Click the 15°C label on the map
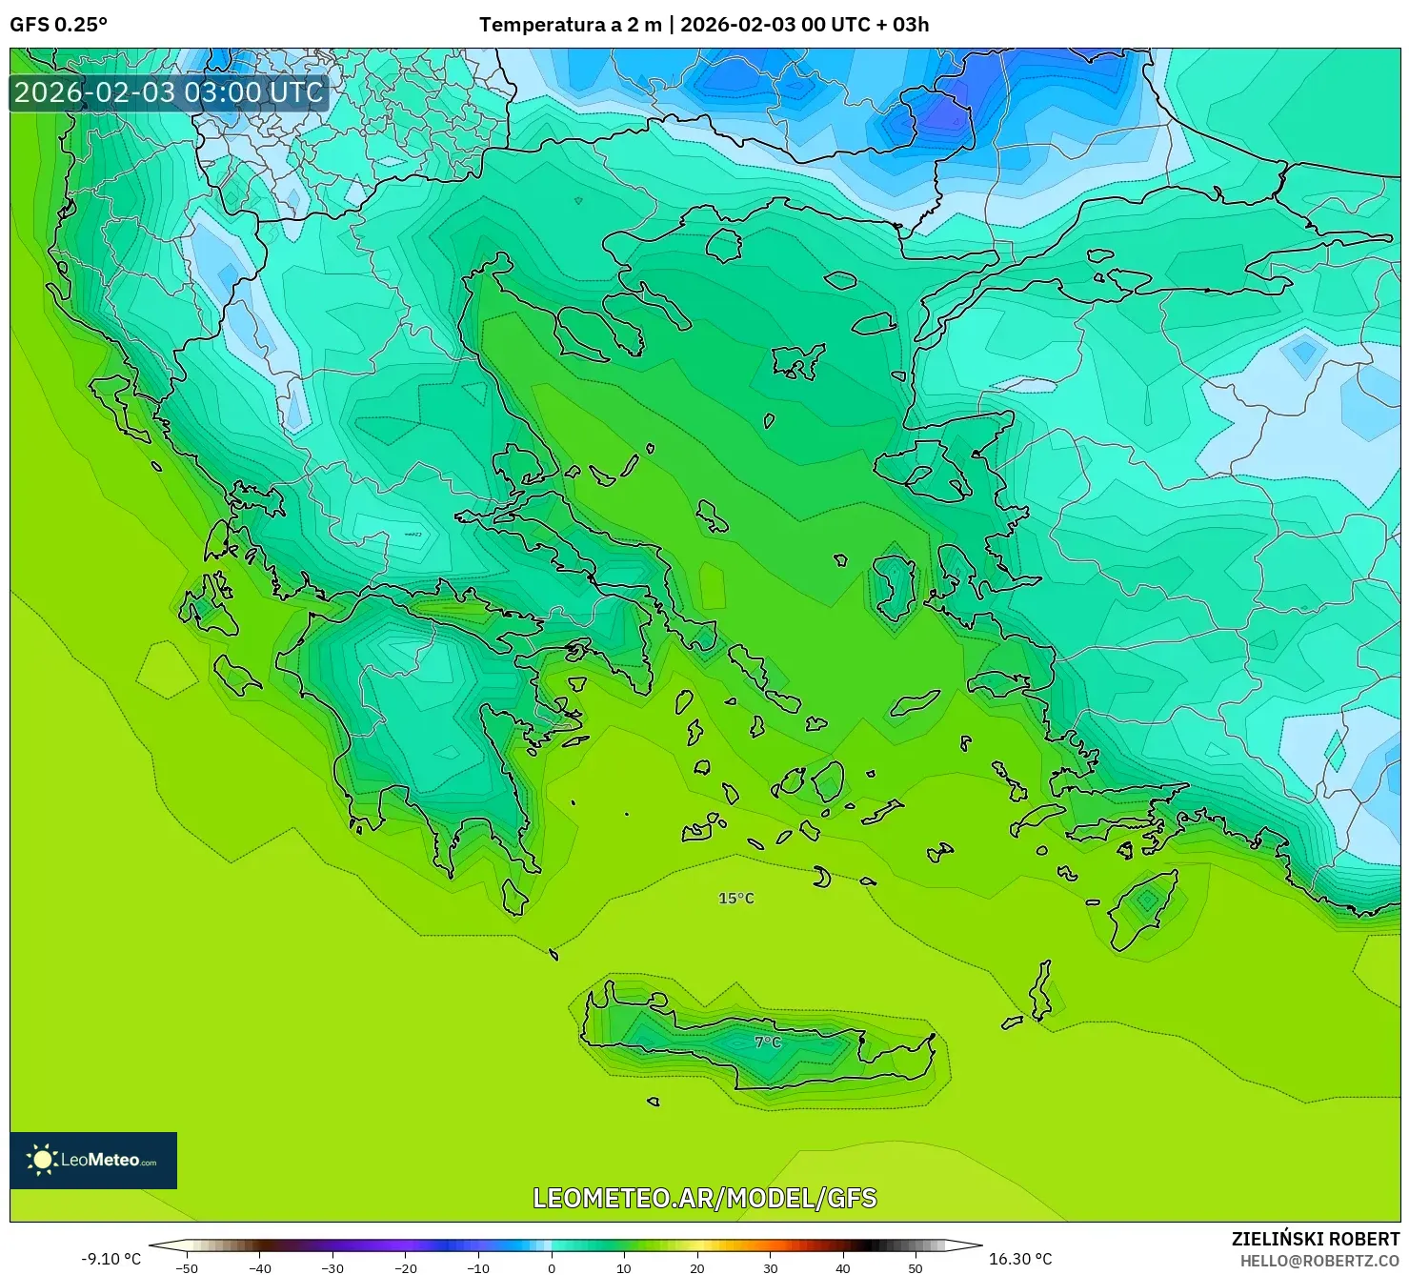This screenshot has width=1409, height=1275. pos(735,899)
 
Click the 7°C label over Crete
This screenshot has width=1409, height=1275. pos(767,1042)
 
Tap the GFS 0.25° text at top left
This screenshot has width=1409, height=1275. pos(58,25)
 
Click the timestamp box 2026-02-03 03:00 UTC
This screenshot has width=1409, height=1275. pos(169,92)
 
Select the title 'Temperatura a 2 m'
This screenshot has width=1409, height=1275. pos(570,25)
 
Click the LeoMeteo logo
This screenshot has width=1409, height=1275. pos(93,1160)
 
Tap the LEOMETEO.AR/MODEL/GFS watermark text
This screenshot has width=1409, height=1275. pos(704,1198)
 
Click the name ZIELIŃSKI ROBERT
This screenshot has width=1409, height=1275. pos(1316,1239)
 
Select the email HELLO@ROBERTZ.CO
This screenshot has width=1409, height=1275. pos(1319,1261)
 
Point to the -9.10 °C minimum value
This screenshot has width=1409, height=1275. pos(111,1259)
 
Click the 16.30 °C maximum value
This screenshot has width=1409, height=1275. pos(1020,1259)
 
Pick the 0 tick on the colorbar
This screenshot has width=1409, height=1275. pos(552,1267)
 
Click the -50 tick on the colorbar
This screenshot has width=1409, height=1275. pos(187,1267)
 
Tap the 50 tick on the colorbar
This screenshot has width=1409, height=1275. pos(916,1267)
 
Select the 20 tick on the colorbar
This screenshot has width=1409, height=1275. pos(697,1267)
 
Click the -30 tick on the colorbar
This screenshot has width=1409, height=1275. pos(332,1267)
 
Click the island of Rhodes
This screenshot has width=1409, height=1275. pos(1145,905)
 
